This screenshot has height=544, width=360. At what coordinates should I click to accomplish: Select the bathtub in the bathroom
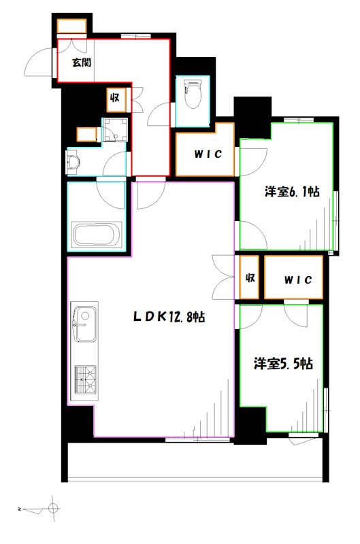(96, 235)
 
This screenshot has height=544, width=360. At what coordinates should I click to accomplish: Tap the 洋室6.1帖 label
(291, 192)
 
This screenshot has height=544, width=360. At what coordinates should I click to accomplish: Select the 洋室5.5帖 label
(284, 364)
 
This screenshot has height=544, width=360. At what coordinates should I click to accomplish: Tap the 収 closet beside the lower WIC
(250, 278)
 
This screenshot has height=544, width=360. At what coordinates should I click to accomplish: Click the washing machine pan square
(115, 130)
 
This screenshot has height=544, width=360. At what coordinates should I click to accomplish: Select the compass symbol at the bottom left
(53, 507)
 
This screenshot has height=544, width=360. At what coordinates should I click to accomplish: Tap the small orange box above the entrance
(71, 27)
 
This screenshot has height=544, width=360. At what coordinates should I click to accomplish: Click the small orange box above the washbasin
(86, 134)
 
